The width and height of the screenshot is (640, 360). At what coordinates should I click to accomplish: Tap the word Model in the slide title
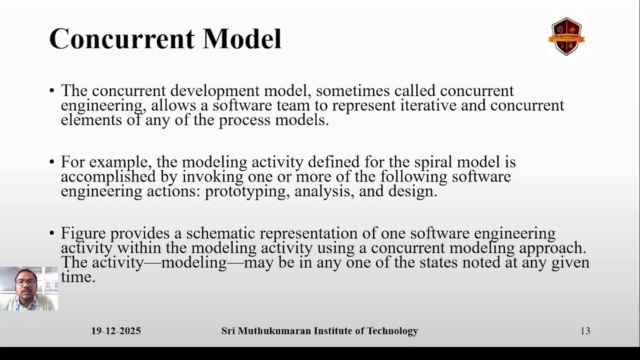click(242, 39)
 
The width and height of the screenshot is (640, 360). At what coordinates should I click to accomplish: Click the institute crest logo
click(566, 36)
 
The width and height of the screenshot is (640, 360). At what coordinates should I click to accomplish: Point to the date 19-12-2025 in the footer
click(116, 331)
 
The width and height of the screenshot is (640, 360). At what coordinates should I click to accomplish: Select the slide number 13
click(585, 331)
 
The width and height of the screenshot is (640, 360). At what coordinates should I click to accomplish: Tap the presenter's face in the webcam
click(26, 282)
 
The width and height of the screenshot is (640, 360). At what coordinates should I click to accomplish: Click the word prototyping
click(247, 191)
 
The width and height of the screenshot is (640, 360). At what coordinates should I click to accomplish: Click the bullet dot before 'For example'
click(52, 162)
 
